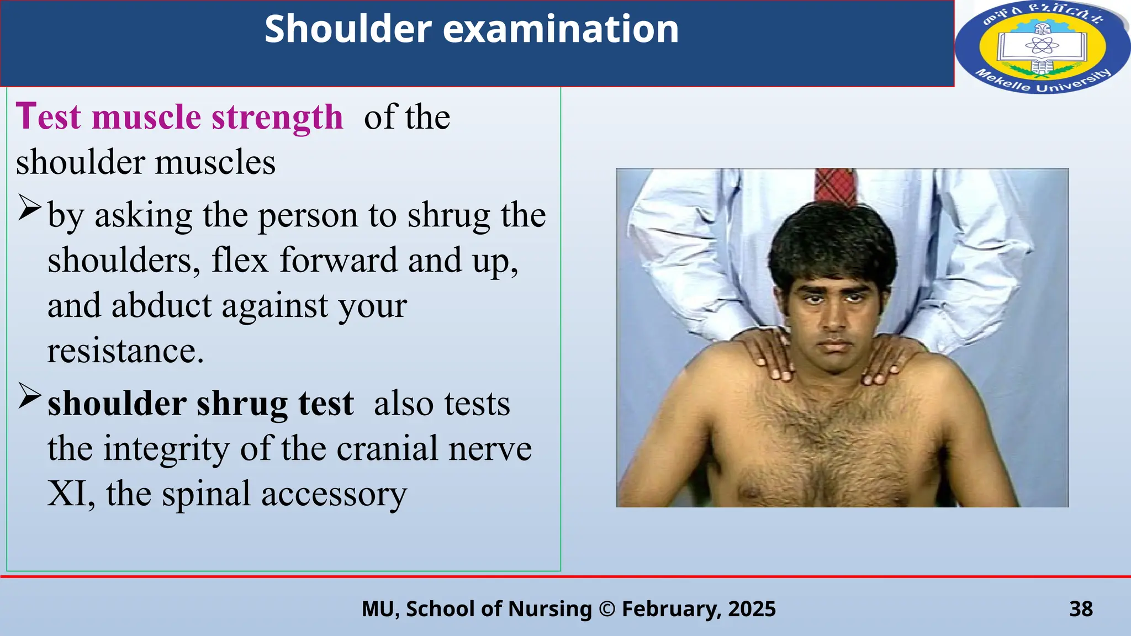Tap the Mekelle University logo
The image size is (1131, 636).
pyautogui.click(x=1042, y=47)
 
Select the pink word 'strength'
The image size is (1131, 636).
pyautogui.click(x=277, y=117)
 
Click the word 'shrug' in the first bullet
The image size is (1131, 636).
pyautogui.click(x=448, y=215)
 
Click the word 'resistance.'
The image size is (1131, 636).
pyautogui.click(x=125, y=351)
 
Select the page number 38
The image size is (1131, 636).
pyautogui.click(x=1081, y=609)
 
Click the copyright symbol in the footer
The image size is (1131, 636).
pyautogui.click(x=607, y=609)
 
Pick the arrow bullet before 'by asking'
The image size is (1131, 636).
pyautogui.click(x=29, y=208)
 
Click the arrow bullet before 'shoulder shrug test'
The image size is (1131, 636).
pyautogui.click(x=29, y=396)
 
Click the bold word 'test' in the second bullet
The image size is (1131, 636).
pyautogui.click(x=326, y=404)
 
